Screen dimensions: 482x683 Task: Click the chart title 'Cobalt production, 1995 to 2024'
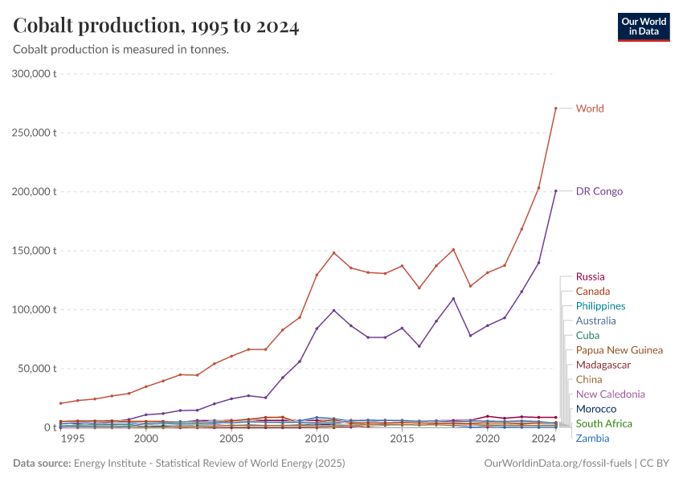point(157,27)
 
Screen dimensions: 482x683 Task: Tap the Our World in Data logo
point(643,27)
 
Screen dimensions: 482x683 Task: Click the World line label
point(590,108)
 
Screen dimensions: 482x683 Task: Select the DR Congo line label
point(599,191)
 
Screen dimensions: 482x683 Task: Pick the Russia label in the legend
point(590,277)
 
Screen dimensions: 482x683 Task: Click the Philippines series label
point(600,306)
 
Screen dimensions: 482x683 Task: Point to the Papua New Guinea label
point(619,350)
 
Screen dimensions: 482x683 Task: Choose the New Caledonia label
point(610,394)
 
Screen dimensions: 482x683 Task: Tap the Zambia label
point(592,439)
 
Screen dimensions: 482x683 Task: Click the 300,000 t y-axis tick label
point(35,74)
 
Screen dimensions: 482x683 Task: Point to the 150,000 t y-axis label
point(35,251)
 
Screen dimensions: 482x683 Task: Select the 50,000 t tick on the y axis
point(37,369)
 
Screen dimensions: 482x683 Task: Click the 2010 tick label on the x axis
point(317,439)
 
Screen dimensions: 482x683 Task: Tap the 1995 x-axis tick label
point(72,439)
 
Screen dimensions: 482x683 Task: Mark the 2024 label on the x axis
point(544,439)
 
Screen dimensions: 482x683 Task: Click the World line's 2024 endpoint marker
point(555,108)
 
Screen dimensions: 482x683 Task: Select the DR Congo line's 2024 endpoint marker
point(555,191)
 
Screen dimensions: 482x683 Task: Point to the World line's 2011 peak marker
point(333,253)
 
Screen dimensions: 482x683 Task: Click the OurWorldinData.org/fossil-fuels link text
point(558,464)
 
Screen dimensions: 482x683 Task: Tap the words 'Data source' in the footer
point(40,464)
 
